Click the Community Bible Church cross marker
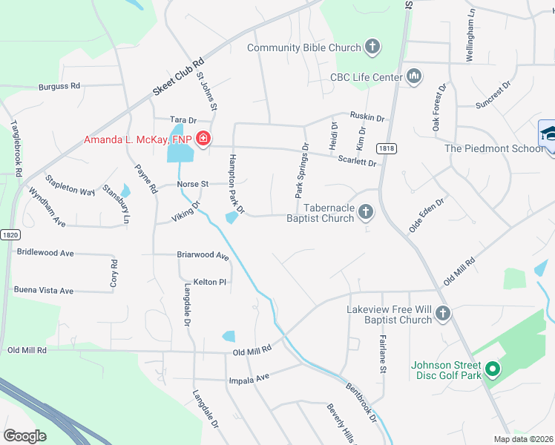[x=372, y=48]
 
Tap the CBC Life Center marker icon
[x=414, y=76]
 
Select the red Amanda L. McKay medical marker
[x=203, y=139]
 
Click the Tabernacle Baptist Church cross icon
[x=365, y=213]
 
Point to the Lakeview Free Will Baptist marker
[x=443, y=314]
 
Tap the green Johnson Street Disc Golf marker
[x=490, y=369]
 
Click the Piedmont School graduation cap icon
[x=549, y=133]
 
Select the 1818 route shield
[x=386, y=148]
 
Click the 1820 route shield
[x=10, y=215]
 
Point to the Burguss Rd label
[x=60, y=87]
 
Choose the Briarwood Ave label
[x=203, y=255]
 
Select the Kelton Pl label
[x=209, y=282]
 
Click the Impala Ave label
[x=252, y=377]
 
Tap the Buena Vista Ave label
[x=44, y=291]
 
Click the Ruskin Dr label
[x=368, y=118]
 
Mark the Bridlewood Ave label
[x=45, y=253]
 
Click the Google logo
[x=25, y=436]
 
